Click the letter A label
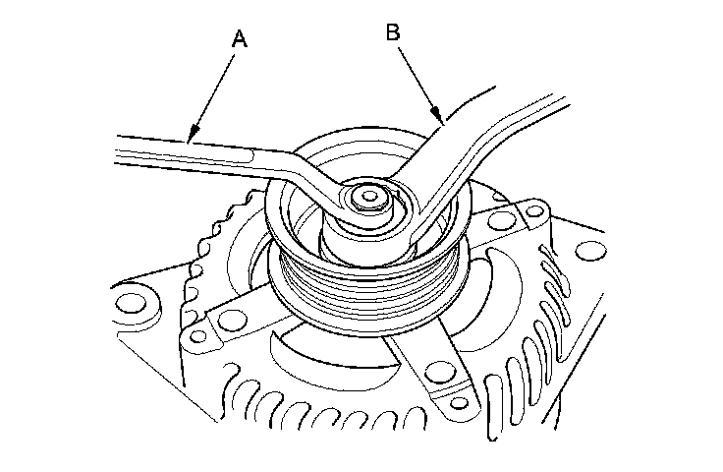238,38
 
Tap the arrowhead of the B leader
443,120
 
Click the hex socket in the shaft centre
368,198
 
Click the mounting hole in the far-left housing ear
132,296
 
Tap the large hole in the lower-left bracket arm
233,317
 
